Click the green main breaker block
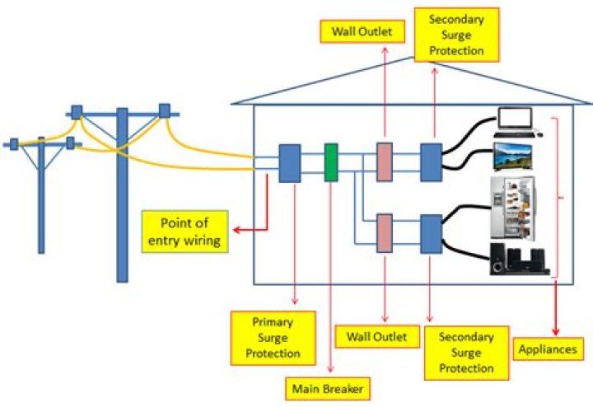click(331, 163)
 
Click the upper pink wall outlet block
click(384, 162)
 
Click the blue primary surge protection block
click(289, 163)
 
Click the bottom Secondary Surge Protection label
click(465, 352)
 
